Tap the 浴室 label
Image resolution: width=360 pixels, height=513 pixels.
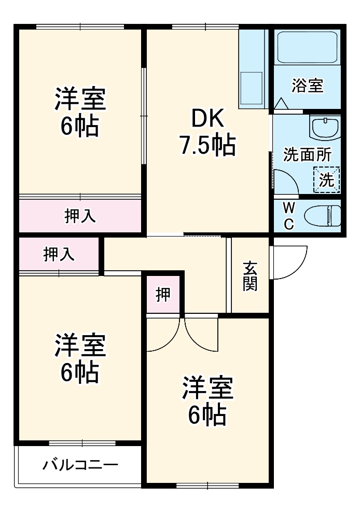tap(307, 86)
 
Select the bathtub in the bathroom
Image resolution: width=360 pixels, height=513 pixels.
tap(307, 48)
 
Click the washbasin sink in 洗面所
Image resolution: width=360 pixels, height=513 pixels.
tap(325, 127)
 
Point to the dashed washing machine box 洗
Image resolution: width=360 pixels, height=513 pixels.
tap(327, 179)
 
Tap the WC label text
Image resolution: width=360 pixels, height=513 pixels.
tap(289, 216)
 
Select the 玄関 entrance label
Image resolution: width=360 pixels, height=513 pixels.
tap(250, 276)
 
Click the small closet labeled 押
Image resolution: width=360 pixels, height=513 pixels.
tap(163, 295)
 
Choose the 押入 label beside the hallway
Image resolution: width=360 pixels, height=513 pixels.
tap(59, 254)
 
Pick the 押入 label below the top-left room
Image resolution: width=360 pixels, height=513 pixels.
tap(80, 216)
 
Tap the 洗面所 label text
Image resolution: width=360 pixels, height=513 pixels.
tap(307, 155)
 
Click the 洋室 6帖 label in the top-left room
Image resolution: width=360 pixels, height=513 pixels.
tap(80, 112)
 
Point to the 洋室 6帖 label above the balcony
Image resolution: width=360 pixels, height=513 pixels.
tap(80, 358)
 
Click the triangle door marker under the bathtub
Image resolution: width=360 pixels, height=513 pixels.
tap(281, 104)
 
